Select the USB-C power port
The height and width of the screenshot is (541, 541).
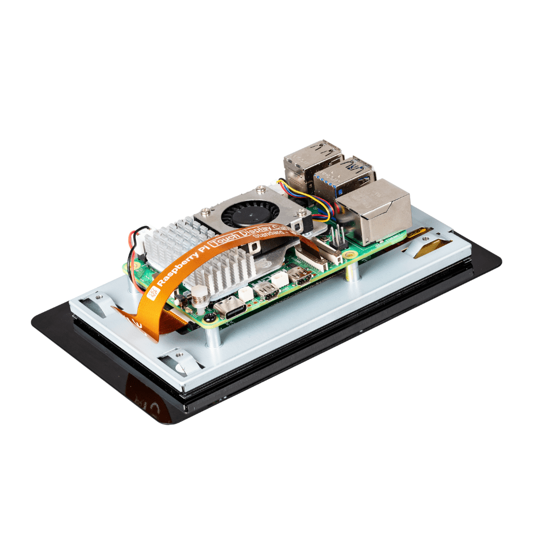pyautogui.click(x=230, y=309)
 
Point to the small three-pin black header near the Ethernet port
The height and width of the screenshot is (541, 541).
pyautogui.click(x=338, y=238)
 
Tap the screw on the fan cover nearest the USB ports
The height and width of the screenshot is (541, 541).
pyautogui.click(x=261, y=189)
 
